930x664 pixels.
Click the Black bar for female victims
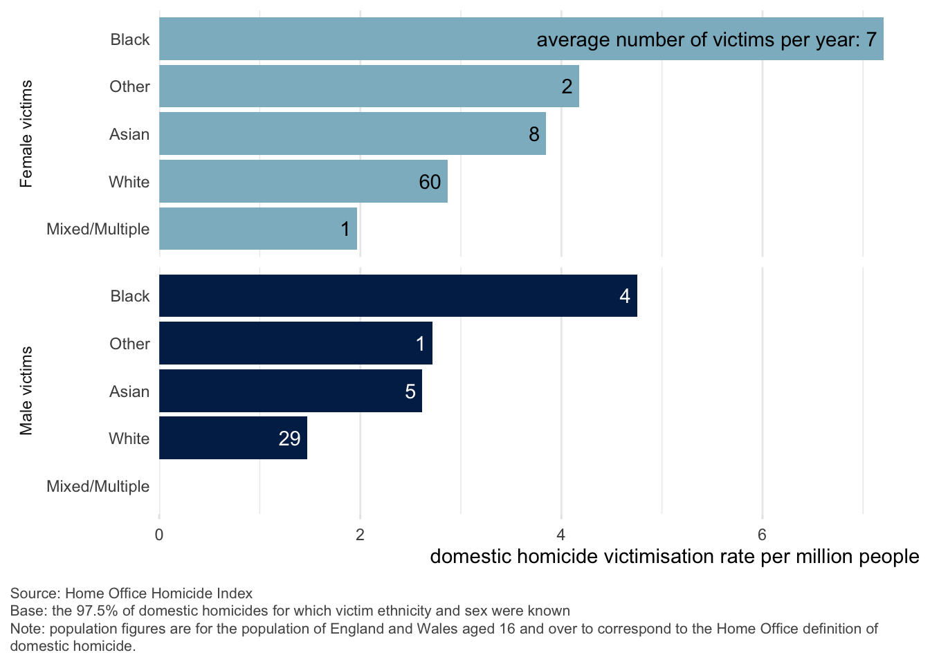(x=346, y=39)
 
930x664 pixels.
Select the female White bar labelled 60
(x=303, y=181)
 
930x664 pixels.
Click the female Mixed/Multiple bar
(x=257, y=229)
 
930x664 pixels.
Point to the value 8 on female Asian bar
(x=534, y=134)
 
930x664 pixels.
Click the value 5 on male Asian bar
(x=410, y=391)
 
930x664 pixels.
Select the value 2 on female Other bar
(x=567, y=86)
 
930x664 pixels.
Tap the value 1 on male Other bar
(x=420, y=344)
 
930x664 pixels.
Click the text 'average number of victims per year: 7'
(x=706, y=39)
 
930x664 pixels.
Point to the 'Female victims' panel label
(x=26, y=134)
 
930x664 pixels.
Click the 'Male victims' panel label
(x=26, y=391)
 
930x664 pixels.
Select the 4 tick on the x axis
(x=561, y=535)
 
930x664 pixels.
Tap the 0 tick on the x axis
(x=159, y=535)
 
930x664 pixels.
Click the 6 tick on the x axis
(x=762, y=535)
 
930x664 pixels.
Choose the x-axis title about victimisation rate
(x=674, y=556)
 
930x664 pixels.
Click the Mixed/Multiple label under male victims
(x=98, y=486)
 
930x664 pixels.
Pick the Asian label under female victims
(x=129, y=134)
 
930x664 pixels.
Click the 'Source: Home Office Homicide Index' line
(x=131, y=593)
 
